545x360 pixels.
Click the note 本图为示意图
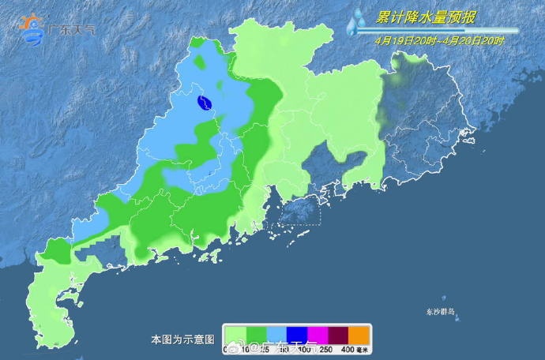click(182, 339)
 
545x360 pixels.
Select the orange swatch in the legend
click(359, 334)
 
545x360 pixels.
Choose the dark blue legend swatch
click(297, 334)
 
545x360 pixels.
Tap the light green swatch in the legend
click(235, 334)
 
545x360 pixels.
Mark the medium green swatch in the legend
click(256, 334)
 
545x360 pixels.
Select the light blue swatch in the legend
click(276, 334)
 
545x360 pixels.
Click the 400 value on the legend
click(344, 349)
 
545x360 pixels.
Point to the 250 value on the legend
click(324, 349)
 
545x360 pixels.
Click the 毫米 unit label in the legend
click(362, 349)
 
